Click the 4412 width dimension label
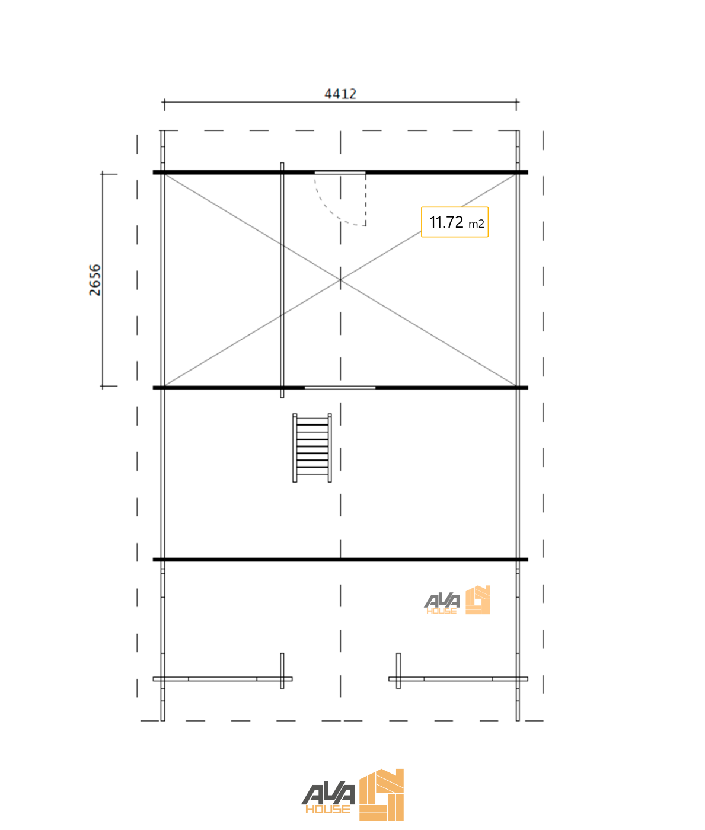(340, 94)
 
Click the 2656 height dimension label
(95, 280)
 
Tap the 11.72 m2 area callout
(455, 222)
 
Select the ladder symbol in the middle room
(312, 448)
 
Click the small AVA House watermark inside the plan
(457, 601)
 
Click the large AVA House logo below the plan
(353, 796)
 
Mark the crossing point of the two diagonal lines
(340, 279)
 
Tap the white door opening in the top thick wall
(340, 173)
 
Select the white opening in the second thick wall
(340, 388)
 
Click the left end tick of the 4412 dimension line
(164, 103)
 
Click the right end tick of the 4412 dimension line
(516, 103)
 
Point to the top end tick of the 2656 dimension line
(103, 174)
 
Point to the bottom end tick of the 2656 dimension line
(103, 386)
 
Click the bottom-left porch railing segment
(222, 679)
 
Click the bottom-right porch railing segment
(458, 679)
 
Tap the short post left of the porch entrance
(282, 670)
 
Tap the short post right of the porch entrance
(398, 670)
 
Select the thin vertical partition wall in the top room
(282, 279)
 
